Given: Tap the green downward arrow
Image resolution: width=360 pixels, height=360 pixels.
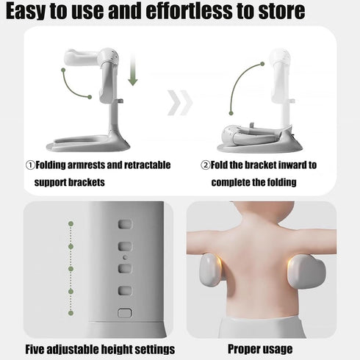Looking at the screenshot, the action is click(x=133, y=69).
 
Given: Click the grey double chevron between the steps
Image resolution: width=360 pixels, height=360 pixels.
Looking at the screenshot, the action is click(x=180, y=103).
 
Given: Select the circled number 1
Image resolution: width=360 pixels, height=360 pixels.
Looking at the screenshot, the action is click(x=30, y=165).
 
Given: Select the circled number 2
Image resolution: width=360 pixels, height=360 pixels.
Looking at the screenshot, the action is click(x=206, y=165).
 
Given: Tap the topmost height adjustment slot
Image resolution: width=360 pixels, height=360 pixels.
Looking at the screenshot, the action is click(x=125, y=224).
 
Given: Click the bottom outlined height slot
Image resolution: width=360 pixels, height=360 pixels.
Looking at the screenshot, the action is click(x=125, y=313).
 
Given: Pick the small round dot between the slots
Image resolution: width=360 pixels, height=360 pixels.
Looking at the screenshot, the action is click(x=125, y=258).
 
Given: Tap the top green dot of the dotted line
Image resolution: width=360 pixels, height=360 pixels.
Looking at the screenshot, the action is click(x=71, y=223).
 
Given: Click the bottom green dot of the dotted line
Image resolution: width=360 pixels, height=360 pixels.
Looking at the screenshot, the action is click(x=71, y=313).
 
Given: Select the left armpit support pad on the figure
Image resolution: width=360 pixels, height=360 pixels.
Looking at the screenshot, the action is click(x=210, y=270).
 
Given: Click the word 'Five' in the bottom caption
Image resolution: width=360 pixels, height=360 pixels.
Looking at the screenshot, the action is click(x=35, y=349).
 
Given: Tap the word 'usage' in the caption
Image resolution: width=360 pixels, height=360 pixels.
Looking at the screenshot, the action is click(x=279, y=350).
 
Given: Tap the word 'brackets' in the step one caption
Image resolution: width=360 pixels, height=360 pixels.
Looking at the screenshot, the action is click(x=86, y=182).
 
